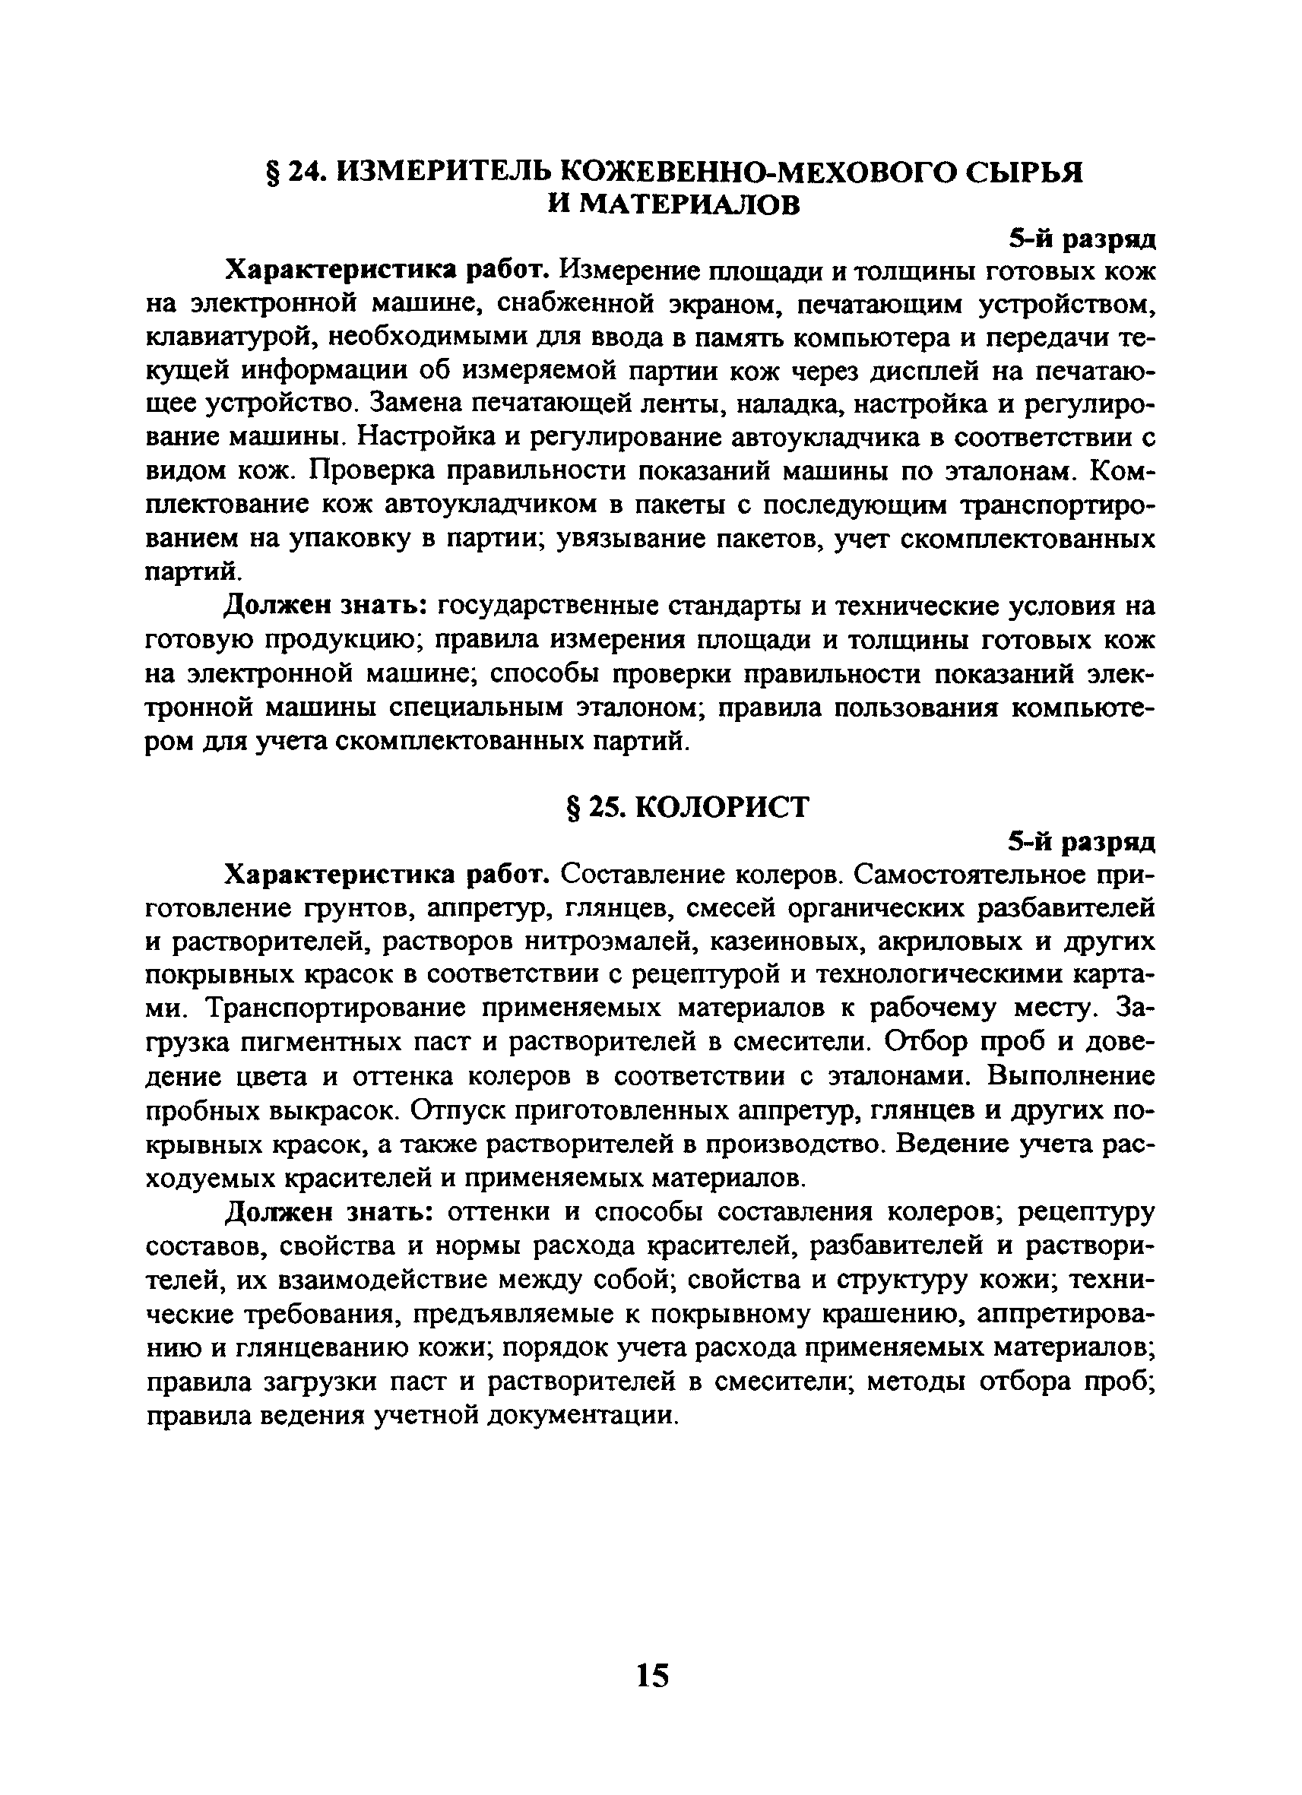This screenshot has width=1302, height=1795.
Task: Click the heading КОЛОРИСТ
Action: [x=722, y=806]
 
